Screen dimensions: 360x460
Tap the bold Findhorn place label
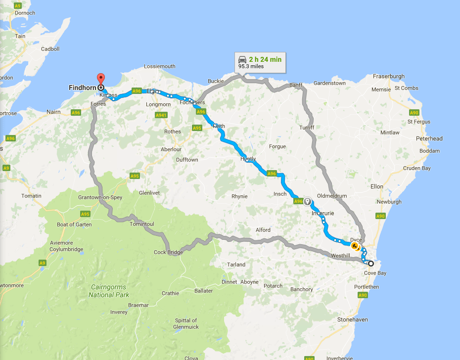(82, 88)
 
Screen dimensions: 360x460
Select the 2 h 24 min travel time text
(265, 59)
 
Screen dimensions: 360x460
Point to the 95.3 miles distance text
(251, 66)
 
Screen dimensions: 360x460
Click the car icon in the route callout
(242, 59)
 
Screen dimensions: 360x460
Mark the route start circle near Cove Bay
(371, 263)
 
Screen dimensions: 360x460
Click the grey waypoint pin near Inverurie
(307, 201)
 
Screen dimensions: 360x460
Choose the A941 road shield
(161, 115)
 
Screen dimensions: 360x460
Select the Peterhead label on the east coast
(429, 138)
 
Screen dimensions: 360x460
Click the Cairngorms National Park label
(108, 291)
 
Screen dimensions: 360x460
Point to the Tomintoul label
(141, 224)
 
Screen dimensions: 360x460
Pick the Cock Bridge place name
(168, 252)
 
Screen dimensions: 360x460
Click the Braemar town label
(138, 305)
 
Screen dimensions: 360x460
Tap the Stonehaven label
(352, 319)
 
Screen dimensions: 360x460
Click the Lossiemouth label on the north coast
(159, 66)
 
